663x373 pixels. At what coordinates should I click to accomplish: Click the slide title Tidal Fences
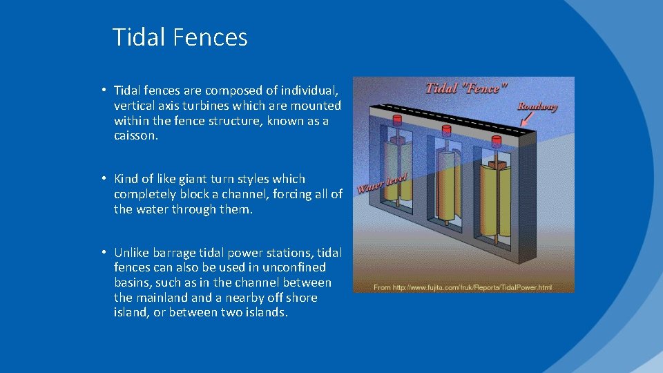[180, 37]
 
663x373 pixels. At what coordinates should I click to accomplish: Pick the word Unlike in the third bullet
[131, 252]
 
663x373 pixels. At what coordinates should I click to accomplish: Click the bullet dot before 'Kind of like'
[102, 178]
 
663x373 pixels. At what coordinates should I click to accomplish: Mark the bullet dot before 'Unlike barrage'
[102, 251]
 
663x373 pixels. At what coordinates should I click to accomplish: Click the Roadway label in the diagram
[537, 106]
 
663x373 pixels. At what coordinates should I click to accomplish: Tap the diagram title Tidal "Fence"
[466, 88]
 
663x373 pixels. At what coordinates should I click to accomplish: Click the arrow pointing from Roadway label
[528, 119]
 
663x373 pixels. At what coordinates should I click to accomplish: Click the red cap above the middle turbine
[445, 130]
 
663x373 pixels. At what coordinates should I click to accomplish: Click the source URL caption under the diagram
[463, 286]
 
